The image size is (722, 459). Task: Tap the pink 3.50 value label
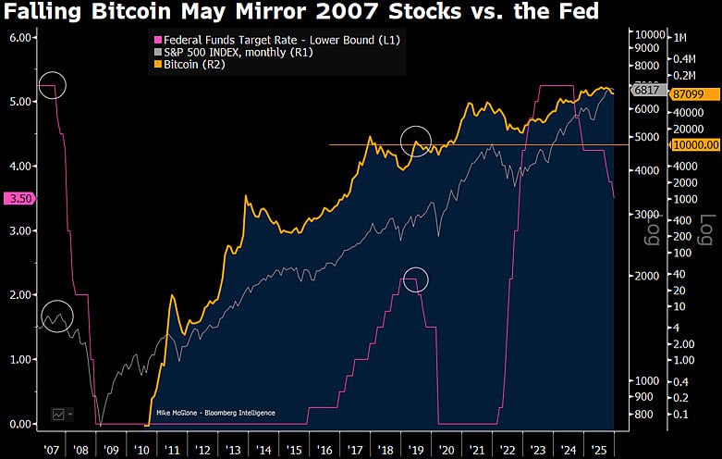[x=18, y=198]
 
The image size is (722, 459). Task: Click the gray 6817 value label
[x=645, y=91]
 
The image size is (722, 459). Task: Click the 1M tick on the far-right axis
[x=680, y=37]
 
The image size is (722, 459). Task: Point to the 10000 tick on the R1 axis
[x=647, y=34]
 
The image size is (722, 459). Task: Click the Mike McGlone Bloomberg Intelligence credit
[x=215, y=413]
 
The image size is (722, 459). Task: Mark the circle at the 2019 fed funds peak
[x=416, y=279]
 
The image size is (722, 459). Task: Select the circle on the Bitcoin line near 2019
[x=416, y=141]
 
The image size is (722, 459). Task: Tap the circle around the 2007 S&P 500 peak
[x=57, y=317]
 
